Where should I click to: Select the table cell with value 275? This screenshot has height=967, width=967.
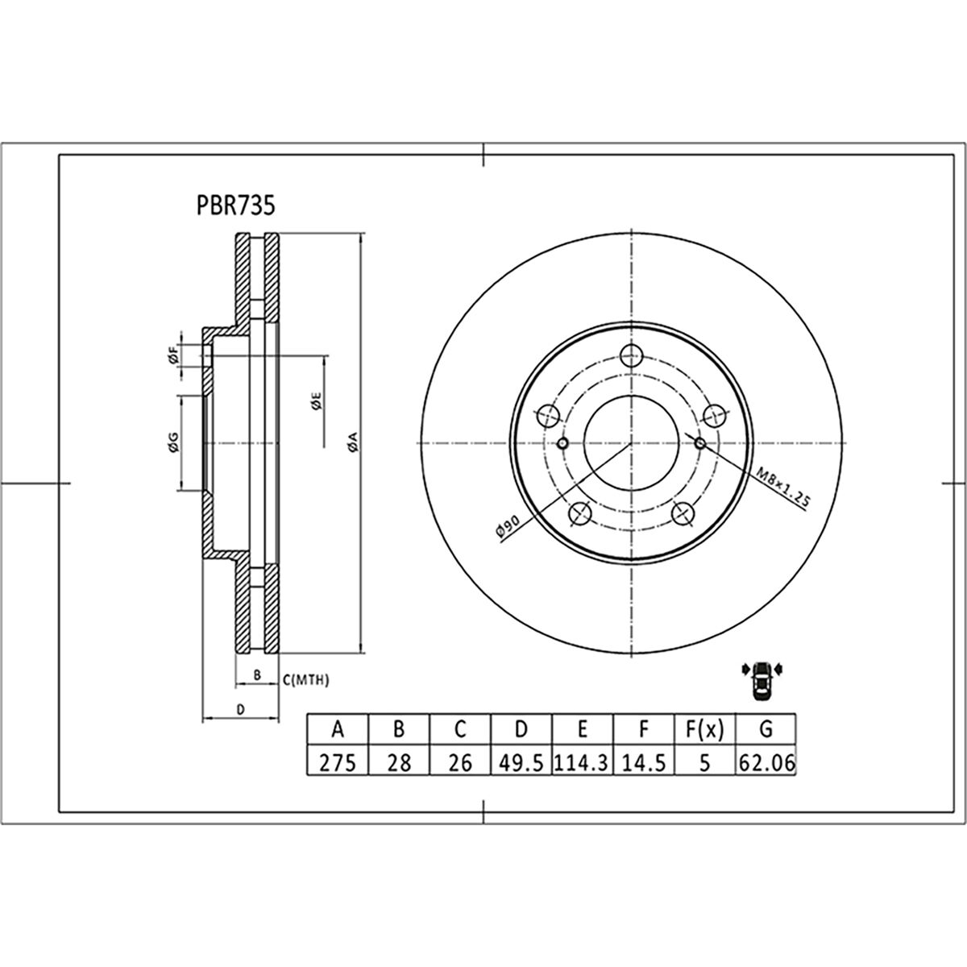point(338,761)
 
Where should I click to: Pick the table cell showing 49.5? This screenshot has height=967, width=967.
point(521,761)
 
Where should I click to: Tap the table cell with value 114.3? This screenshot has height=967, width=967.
point(582,761)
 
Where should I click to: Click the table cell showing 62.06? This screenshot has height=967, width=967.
point(766,761)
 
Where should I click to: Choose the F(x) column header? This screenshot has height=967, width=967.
point(704,729)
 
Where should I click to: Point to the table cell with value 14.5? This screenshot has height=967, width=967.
point(643,761)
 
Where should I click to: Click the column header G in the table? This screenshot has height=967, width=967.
point(766,729)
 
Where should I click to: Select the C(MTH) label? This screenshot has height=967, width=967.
point(306,681)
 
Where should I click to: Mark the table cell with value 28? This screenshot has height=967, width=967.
point(399,761)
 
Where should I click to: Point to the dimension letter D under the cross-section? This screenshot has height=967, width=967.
point(239,708)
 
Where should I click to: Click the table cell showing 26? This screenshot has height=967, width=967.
point(459,761)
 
